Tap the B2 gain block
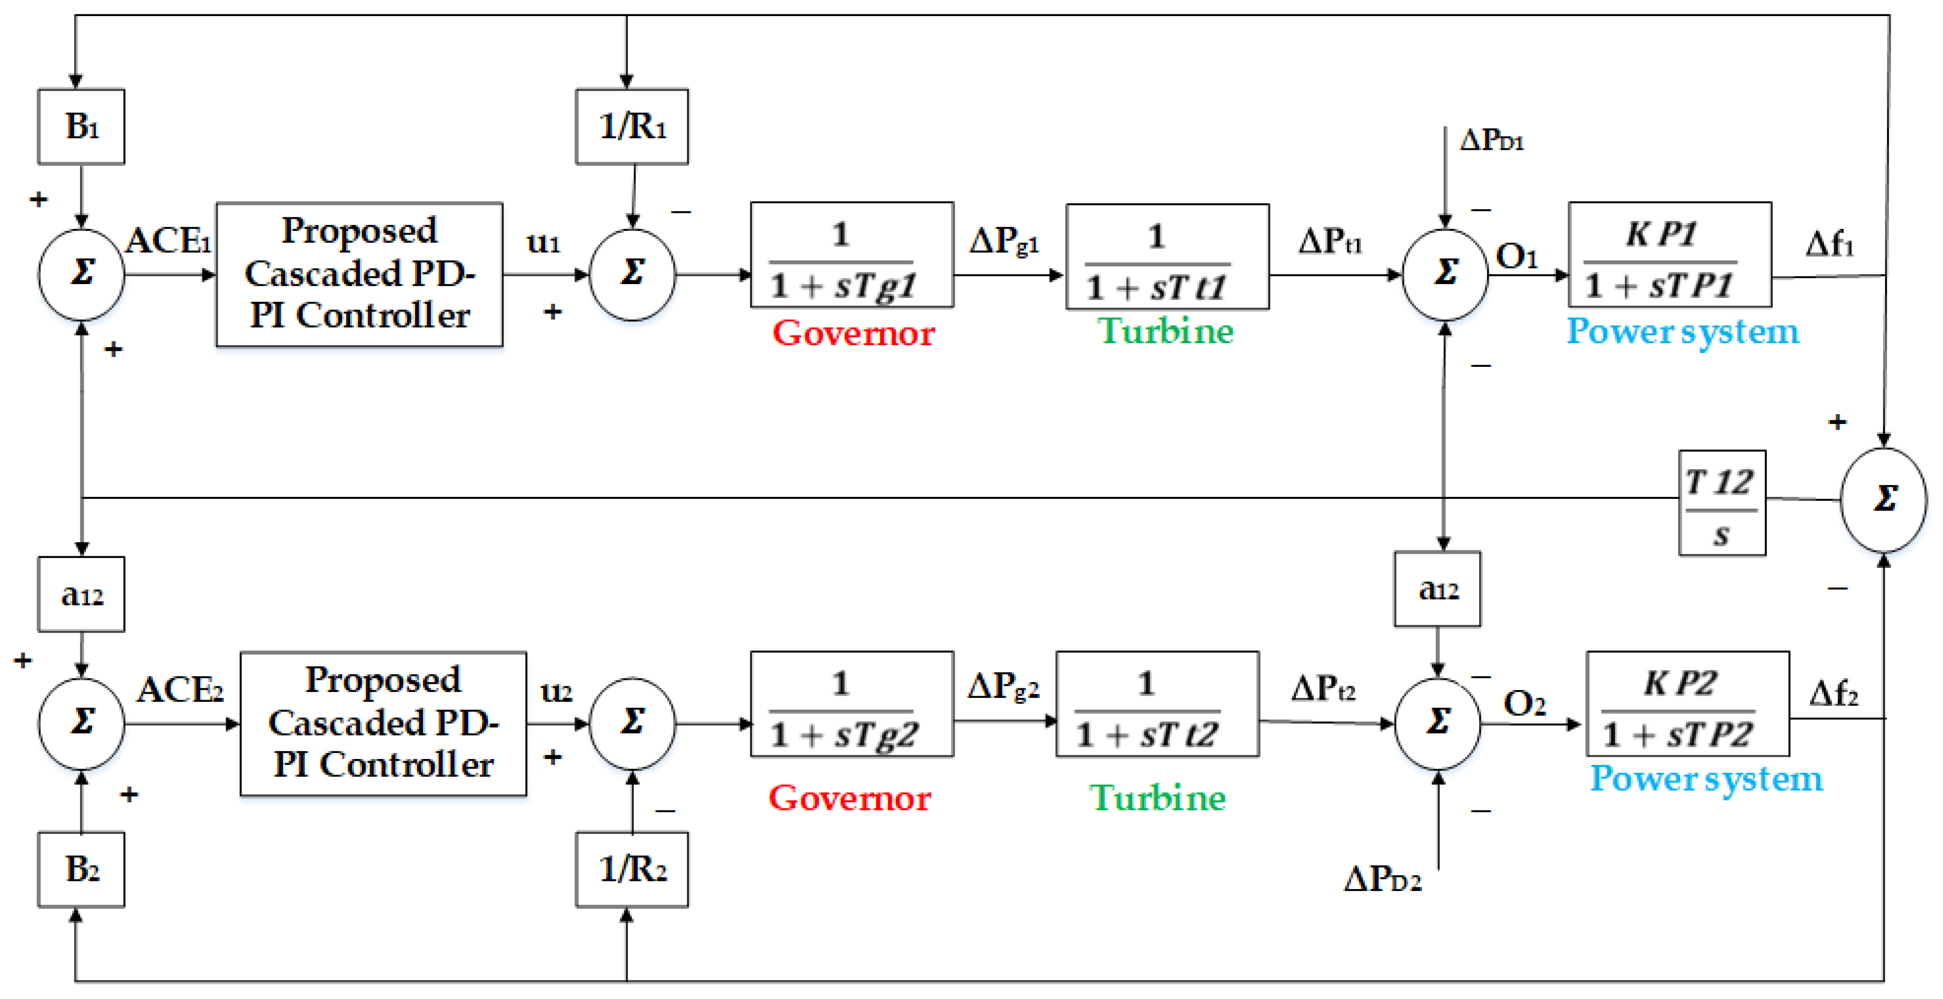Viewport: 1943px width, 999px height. (81, 869)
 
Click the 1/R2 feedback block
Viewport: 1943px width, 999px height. (632, 869)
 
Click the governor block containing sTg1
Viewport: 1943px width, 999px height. (852, 255)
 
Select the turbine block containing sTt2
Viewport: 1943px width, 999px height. (1157, 704)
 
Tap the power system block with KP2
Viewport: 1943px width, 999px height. (1688, 704)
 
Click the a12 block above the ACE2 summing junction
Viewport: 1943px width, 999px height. (81, 594)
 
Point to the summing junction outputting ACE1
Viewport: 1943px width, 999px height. (81, 274)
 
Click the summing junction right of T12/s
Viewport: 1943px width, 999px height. (1883, 499)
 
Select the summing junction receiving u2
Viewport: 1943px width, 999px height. (632, 723)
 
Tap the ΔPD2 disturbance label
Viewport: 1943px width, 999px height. (1383, 879)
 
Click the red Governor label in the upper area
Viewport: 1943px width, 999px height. (853, 333)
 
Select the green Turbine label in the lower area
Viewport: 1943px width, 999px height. (1157, 798)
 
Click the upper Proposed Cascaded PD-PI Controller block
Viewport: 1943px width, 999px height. (359, 274)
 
